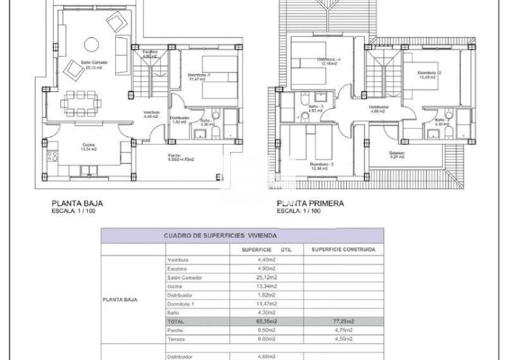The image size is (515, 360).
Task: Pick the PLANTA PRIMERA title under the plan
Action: coord(310,202)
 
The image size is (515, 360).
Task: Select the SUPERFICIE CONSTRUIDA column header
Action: coord(343,250)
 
